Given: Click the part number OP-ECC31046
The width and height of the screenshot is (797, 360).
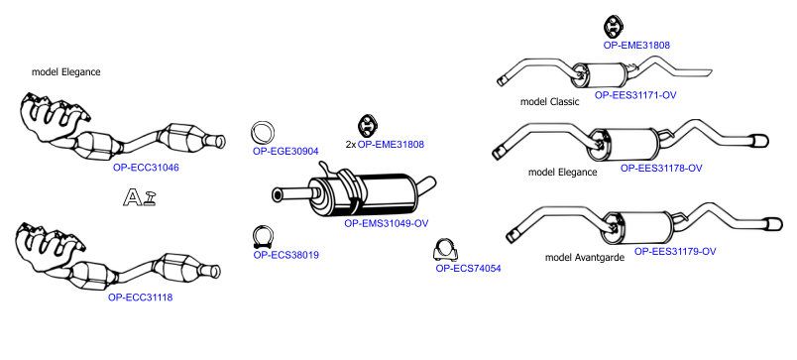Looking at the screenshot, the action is click(146, 168).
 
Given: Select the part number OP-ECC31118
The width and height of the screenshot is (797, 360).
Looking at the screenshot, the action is click(141, 298).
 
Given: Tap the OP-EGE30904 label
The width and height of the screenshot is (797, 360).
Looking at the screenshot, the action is click(285, 151).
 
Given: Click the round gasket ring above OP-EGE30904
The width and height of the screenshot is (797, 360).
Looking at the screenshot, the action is click(263, 133).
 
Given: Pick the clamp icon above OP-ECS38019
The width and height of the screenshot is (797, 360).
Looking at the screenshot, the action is click(264, 237).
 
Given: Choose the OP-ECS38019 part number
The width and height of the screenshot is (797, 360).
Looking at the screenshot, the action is click(286, 255).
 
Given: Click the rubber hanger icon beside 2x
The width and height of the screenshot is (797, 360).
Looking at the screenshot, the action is click(366, 126).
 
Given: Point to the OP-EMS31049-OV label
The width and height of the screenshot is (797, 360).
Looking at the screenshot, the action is click(387, 223).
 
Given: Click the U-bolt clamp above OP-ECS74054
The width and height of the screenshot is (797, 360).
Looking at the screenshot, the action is click(445, 250).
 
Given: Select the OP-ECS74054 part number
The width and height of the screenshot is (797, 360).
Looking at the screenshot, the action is click(468, 269).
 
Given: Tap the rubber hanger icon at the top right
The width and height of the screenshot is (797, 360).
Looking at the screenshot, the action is click(614, 27).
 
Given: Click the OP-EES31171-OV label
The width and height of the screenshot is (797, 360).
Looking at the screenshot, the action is click(635, 94).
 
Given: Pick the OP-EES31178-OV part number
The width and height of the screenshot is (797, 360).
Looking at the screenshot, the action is click(661, 168).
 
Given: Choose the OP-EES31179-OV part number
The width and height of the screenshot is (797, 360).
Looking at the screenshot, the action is click(675, 251).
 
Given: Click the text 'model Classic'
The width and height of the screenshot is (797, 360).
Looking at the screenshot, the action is click(549, 102).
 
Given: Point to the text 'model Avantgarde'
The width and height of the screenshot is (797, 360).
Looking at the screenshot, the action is click(585, 257).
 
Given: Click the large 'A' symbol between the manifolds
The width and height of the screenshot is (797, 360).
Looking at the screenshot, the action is click(133, 197).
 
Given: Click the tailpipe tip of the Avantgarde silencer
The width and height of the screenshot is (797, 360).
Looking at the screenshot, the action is click(773, 224).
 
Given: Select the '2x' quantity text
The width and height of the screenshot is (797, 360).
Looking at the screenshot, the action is click(351, 145).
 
